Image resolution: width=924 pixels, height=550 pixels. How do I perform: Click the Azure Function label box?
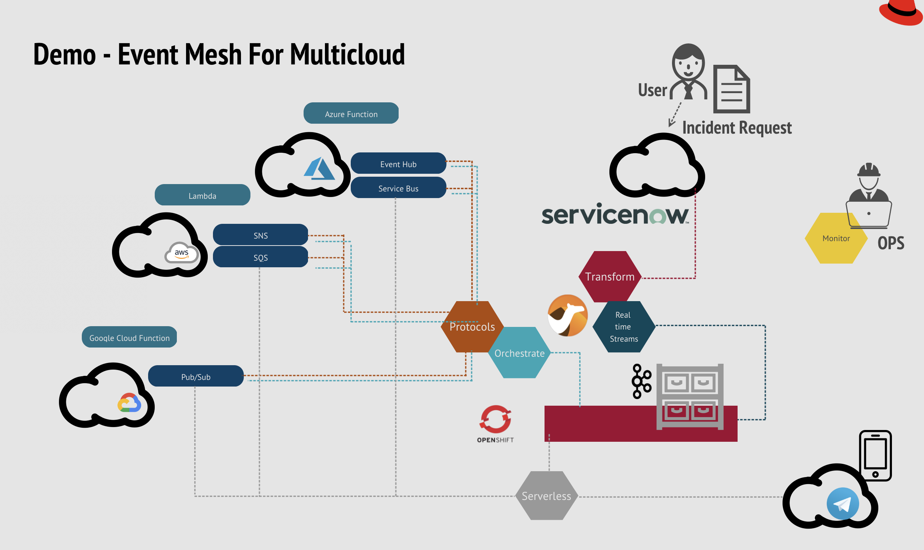(x=351, y=113)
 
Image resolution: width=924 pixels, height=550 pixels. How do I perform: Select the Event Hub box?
(x=398, y=163)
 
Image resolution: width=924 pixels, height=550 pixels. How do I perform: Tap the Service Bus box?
(x=398, y=188)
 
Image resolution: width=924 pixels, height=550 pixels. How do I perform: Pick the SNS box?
(x=260, y=235)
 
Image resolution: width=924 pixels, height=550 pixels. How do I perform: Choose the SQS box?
(x=260, y=257)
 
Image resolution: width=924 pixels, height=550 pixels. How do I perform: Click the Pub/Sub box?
(x=195, y=376)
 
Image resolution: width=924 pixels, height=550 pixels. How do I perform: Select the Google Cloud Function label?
(x=129, y=337)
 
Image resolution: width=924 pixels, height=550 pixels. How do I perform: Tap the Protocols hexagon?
(x=472, y=327)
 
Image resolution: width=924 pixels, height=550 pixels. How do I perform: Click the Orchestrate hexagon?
(x=519, y=353)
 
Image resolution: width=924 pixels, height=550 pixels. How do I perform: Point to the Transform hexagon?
(x=610, y=276)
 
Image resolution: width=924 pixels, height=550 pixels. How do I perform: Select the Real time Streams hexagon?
(x=623, y=327)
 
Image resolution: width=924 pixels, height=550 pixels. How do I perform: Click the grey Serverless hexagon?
(x=546, y=496)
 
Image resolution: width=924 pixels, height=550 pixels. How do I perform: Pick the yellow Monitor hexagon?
(x=835, y=238)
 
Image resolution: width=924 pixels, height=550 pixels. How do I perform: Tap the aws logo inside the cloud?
(x=181, y=253)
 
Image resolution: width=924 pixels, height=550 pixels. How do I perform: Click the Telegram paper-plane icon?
(x=843, y=504)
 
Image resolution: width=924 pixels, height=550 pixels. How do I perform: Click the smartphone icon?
(x=875, y=455)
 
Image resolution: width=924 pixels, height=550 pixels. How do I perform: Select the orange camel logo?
(x=567, y=315)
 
